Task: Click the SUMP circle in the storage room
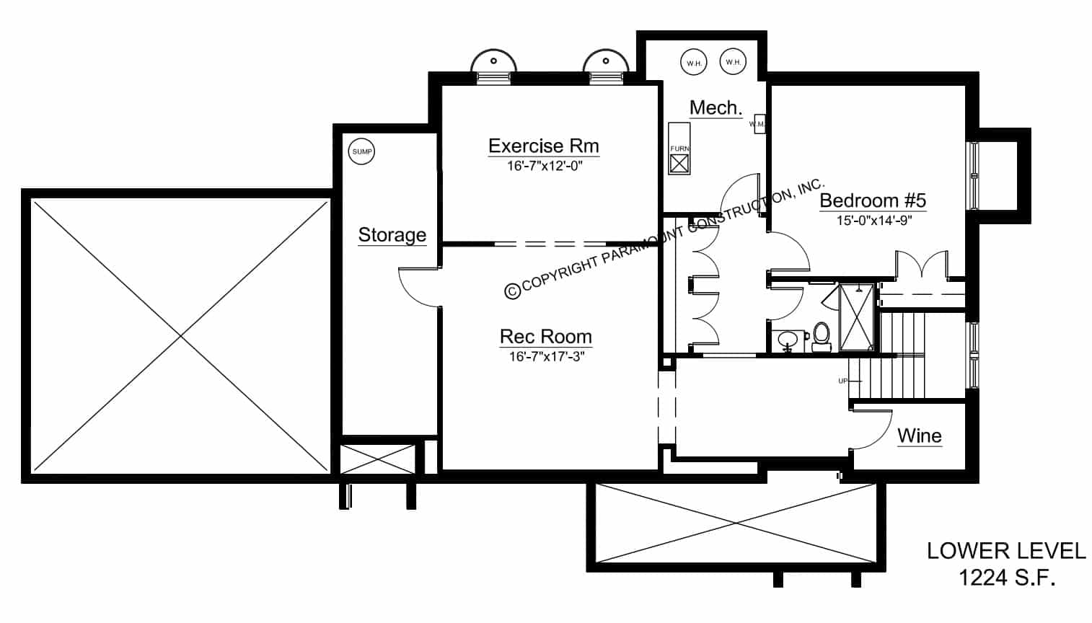(x=362, y=151)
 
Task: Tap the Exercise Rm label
(x=543, y=146)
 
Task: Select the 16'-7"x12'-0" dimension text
(x=544, y=166)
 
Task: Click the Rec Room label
(x=545, y=337)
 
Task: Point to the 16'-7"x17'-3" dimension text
(x=545, y=356)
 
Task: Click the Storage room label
(x=392, y=235)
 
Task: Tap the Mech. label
(x=715, y=108)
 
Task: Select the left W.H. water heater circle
(x=694, y=63)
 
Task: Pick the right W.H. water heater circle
(x=733, y=62)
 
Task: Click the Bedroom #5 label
(x=873, y=200)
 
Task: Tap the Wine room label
(x=919, y=436)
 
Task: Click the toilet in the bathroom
(x=821, y=337)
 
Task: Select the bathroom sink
(x=787, y=339)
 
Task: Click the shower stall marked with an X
(x=856, y=318)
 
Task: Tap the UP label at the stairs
(x=842, y=381)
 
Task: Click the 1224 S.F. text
(x=1006, y=577)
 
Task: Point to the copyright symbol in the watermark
(x=512, y=291)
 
